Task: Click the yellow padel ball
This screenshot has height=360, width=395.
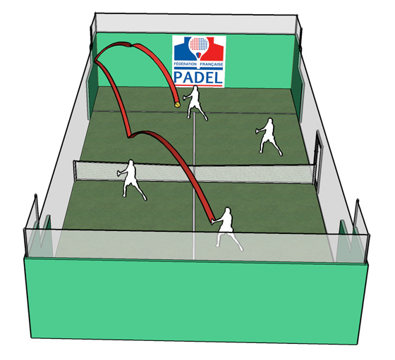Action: tap(177, 105)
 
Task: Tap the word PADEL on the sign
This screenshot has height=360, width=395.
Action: tap(198, 77)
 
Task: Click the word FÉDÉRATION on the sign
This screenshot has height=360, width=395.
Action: tap(185, 64)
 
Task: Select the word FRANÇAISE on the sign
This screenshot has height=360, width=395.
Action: tap(212, 64)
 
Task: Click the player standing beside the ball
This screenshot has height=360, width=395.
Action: tap(195, 103)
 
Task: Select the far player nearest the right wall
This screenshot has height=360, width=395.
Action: tap(269, 137)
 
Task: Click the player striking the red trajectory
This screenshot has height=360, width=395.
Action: tap(226, 228)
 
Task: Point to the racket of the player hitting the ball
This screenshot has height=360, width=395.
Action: tap(213, 222)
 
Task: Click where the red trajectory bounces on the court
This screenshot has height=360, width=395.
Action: tap(129, 137)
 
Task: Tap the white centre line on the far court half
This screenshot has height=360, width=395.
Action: tap(194, 138)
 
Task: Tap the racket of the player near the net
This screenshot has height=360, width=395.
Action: tap(119, 173)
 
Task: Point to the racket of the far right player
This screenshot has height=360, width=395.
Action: tap(257, 131)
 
